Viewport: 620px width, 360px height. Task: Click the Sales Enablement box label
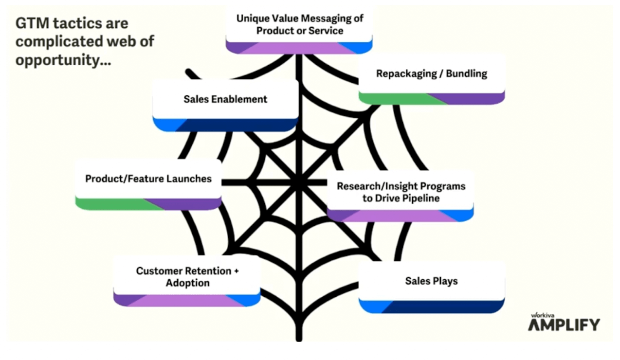[x=225, y=99]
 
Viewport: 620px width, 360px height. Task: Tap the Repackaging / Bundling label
[x=431, y=74]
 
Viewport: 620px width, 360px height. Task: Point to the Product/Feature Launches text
[x=148, y=179]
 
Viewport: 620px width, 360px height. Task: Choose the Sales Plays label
[x=431, y=281]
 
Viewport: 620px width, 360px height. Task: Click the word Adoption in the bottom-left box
[x=187, y=283]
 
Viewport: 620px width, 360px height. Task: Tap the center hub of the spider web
[x=297, y=182]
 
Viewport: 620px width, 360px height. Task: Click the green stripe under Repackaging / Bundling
[x=394, y=99]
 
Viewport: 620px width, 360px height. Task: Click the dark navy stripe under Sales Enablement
[x=238, y=125]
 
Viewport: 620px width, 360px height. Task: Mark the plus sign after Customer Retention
[x=236, y=271]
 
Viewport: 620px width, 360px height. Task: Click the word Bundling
[x=466, y=74]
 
